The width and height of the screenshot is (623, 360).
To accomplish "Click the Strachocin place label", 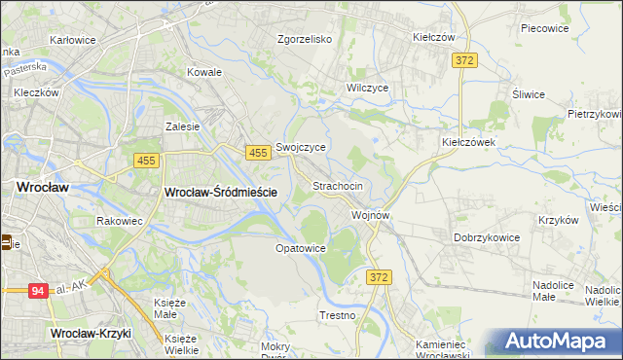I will (338, 185).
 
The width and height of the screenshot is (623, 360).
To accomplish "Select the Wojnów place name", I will (371, 215).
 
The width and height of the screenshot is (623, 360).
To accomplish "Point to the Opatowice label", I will (300, 248).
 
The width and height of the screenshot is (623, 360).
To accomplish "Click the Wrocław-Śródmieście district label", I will (222, 193).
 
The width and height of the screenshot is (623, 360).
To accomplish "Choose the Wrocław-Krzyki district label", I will (91, 334).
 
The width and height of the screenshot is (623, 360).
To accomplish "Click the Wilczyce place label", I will (368, 88).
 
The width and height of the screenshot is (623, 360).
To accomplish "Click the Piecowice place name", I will (544, 28).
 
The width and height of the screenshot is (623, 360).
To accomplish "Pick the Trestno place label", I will (337, 316).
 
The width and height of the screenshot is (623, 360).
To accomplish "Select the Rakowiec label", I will (120, 221).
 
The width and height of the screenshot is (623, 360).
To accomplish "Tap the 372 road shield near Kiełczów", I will (464, 60).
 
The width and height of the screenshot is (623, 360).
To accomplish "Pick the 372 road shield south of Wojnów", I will (381, 278).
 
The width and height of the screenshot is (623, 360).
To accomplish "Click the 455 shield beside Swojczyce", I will (257, 153).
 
